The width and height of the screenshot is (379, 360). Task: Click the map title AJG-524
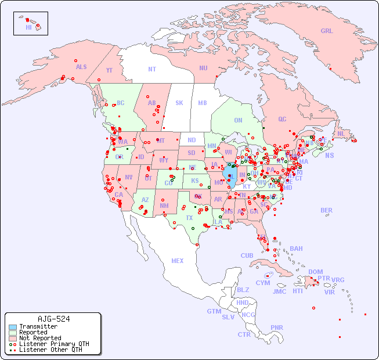click(53, 319)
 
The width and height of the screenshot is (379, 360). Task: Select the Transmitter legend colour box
click(12, 327)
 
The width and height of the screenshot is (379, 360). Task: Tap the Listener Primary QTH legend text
click(54, 344)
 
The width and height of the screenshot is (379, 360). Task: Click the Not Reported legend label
click(40, 338)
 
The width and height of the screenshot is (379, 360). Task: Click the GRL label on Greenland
click(327, 31)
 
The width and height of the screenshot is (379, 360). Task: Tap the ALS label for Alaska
click(81, 67)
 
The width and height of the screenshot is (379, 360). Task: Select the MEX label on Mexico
click(178, 261)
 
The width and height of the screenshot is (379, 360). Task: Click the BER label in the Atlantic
click(327, 210)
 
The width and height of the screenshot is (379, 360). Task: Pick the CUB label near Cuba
click(247, 255)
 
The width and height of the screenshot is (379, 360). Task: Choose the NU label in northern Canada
click(203, 68)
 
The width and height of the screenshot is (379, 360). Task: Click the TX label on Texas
click(189, 218)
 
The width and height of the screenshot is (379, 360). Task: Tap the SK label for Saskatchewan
click(179, 103)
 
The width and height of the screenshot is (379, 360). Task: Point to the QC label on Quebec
click(282, 119)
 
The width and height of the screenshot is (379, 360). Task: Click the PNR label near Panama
click(277, 327)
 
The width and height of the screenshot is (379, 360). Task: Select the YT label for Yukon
click(109, 70)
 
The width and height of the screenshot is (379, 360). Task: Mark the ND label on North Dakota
click(192, 140)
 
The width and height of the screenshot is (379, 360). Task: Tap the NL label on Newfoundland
click(341, 133)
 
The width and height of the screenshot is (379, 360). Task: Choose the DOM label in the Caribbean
click(315, 272)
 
